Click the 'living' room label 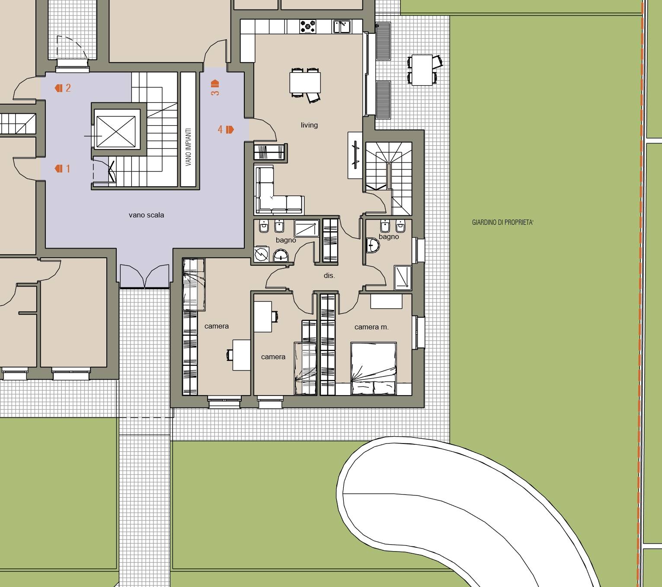(309, 125)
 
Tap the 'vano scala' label (147, 215)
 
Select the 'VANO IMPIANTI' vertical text (188, 147)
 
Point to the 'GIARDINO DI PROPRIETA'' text (502, 223)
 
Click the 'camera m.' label (371, 327)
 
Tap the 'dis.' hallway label (329, 276)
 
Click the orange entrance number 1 (68, 169)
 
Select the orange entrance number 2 (68, 88)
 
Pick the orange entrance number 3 (215, 93)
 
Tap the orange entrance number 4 (220, 130)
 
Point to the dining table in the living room (305, 83)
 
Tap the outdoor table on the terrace (422, 70)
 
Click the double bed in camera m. (374, 368)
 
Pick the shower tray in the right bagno (403, 278)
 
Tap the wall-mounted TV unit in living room (355, 155)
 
